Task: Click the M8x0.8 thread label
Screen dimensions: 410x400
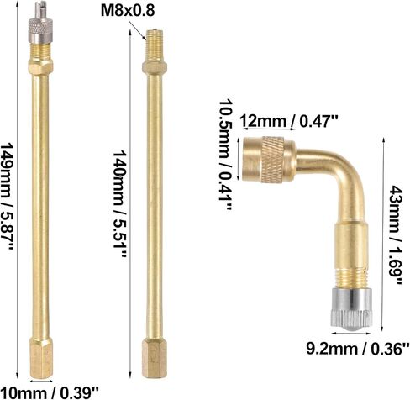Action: (x=128, y=11)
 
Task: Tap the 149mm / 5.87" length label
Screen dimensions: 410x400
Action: (x=7, y=197)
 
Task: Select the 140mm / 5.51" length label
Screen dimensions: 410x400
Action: (x=120, y=203)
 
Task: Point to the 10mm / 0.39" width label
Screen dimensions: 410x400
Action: (x=49, y=392)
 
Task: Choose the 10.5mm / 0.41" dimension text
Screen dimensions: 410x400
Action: (x=225, y=154)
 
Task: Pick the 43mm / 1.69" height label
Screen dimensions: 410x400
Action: (x=396, y=235)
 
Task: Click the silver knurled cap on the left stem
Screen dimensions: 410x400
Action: (x=40, y=32)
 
